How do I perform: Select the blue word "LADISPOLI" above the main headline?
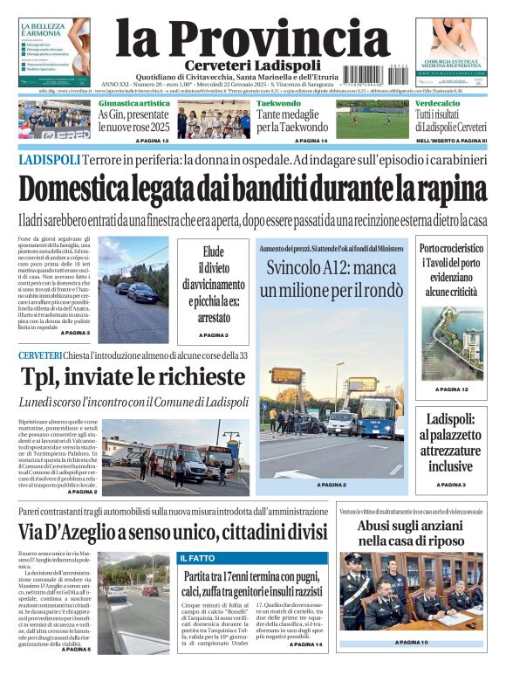coord(49,160)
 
